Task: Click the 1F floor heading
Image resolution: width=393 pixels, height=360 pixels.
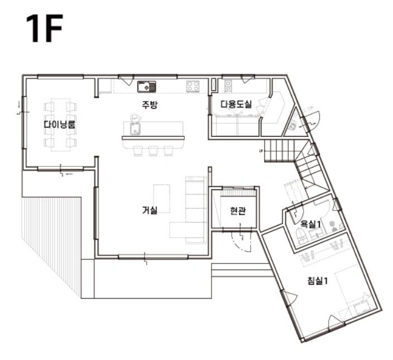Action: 44,28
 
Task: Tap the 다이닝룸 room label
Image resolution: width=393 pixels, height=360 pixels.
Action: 60,124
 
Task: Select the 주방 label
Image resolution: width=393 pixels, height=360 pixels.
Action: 150,105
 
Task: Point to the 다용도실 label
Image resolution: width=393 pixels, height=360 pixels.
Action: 236,104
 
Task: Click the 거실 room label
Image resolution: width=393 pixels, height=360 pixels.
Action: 150,210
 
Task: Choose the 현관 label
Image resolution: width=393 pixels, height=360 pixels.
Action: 238,211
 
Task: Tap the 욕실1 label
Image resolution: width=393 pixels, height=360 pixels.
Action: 310,224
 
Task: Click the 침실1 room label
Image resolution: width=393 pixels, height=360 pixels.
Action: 317,281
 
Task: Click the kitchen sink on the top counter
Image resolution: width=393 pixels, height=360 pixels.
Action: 147,87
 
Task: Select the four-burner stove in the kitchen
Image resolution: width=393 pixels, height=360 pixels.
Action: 193,86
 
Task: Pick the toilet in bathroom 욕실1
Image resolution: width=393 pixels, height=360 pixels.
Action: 301,237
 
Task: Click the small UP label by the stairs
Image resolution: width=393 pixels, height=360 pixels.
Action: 261,151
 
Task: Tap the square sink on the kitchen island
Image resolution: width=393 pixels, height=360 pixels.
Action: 135,129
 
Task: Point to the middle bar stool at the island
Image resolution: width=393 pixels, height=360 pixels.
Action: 153,151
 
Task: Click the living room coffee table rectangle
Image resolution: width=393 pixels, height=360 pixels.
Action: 162,198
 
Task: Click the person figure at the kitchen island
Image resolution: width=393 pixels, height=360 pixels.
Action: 135,119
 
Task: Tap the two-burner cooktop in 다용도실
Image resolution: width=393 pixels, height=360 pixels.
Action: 228,86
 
